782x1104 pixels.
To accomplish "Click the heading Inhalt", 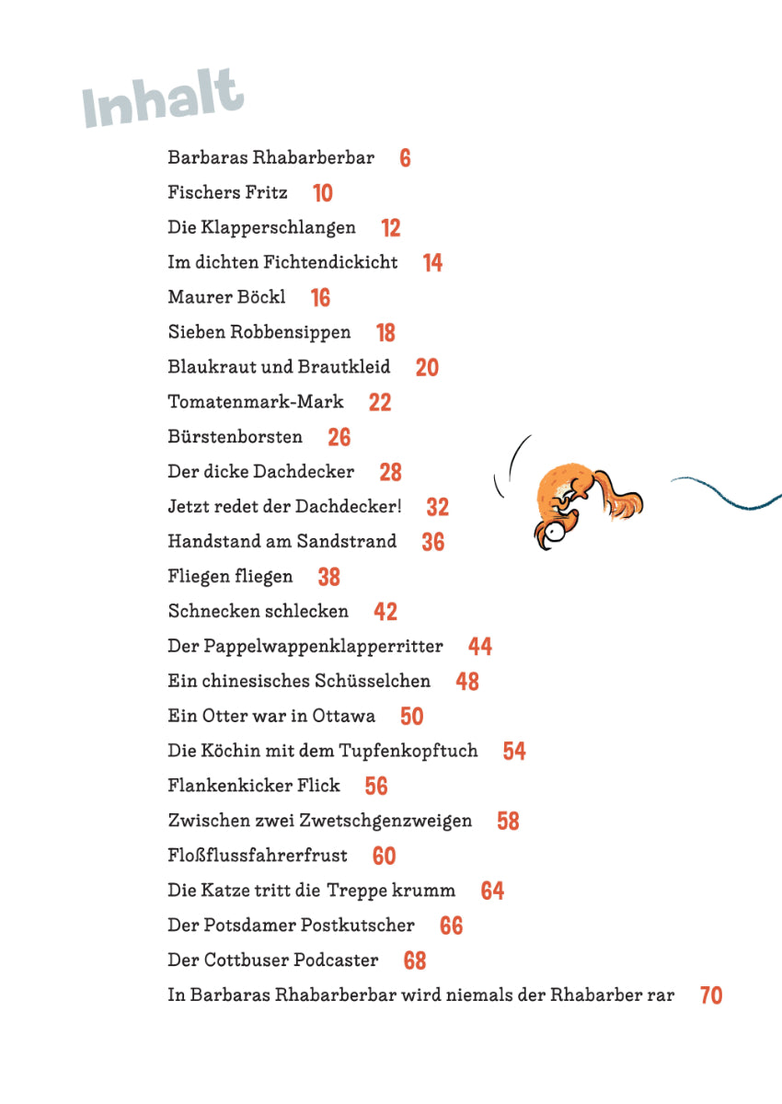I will click(x=164, y=97).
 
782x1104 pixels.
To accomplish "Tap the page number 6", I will click(x=405, y=158).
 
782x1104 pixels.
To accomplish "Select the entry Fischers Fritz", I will click(x=227, y=192).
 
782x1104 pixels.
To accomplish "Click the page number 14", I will click(x=432, y=263).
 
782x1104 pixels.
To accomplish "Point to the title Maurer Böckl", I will click(x=226, y=297).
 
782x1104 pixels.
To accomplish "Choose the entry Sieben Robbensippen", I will click(x=259, y=332).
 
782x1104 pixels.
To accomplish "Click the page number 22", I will click(x=379, y=402).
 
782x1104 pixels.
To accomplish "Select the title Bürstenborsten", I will click(x=235, y=436).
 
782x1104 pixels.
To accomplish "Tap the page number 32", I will click(x=437, y=507).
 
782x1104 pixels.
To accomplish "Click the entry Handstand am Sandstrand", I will click(x=282, y=541).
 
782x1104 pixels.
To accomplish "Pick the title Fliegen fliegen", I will click(x=230, y=577).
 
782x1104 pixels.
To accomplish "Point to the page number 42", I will click(x=385, y=612).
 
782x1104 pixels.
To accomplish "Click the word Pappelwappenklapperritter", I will click(x=323, y=647).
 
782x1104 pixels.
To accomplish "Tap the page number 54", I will click(x=514, y=752).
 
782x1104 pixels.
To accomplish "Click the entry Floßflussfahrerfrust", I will click(x=258, y=856).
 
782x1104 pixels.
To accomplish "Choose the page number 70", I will click(x=711, y=995).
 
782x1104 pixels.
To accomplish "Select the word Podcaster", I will click(x=335, y=960).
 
